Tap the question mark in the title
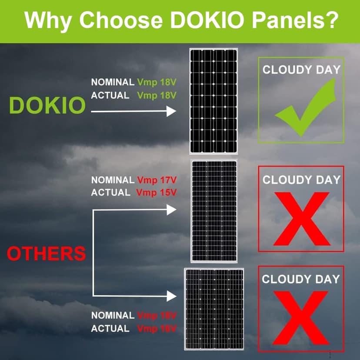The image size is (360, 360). pyautogui.click(x=331, y=20)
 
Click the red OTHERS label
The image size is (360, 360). pyautogui.click(x=46, y=253)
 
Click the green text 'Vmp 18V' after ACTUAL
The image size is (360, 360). pyautogui.click(x=157, y=95)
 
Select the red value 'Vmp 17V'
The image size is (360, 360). pyautogui.click(x=157, y=180)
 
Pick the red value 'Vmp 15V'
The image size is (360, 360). pyautogui.click(x=157, y=192)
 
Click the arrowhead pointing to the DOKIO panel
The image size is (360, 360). pyautogui.click(x=171, y=112)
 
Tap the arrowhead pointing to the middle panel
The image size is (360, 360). pyautogui.click(x=171, y=210)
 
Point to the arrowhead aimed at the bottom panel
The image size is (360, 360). pyautogui.click(x=171, y=296)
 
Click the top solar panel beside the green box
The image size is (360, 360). pyautogui.click(x=214, y=100)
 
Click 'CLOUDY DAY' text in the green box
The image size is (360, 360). pyautogui.click(x=301, y=70)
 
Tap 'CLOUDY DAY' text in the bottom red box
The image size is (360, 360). pyautogui.click(x=300, y=279)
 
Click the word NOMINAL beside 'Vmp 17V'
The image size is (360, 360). pyautogui.click(x=113, y=180)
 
